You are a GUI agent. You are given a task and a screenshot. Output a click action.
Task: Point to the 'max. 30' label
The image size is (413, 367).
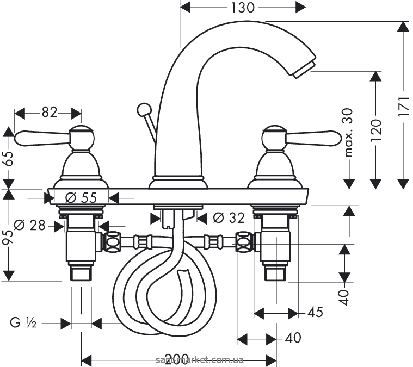point(348,133)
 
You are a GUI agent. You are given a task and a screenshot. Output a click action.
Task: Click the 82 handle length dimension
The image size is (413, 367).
point(49,112)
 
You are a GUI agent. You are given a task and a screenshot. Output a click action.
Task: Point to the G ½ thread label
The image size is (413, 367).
point(23,324)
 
